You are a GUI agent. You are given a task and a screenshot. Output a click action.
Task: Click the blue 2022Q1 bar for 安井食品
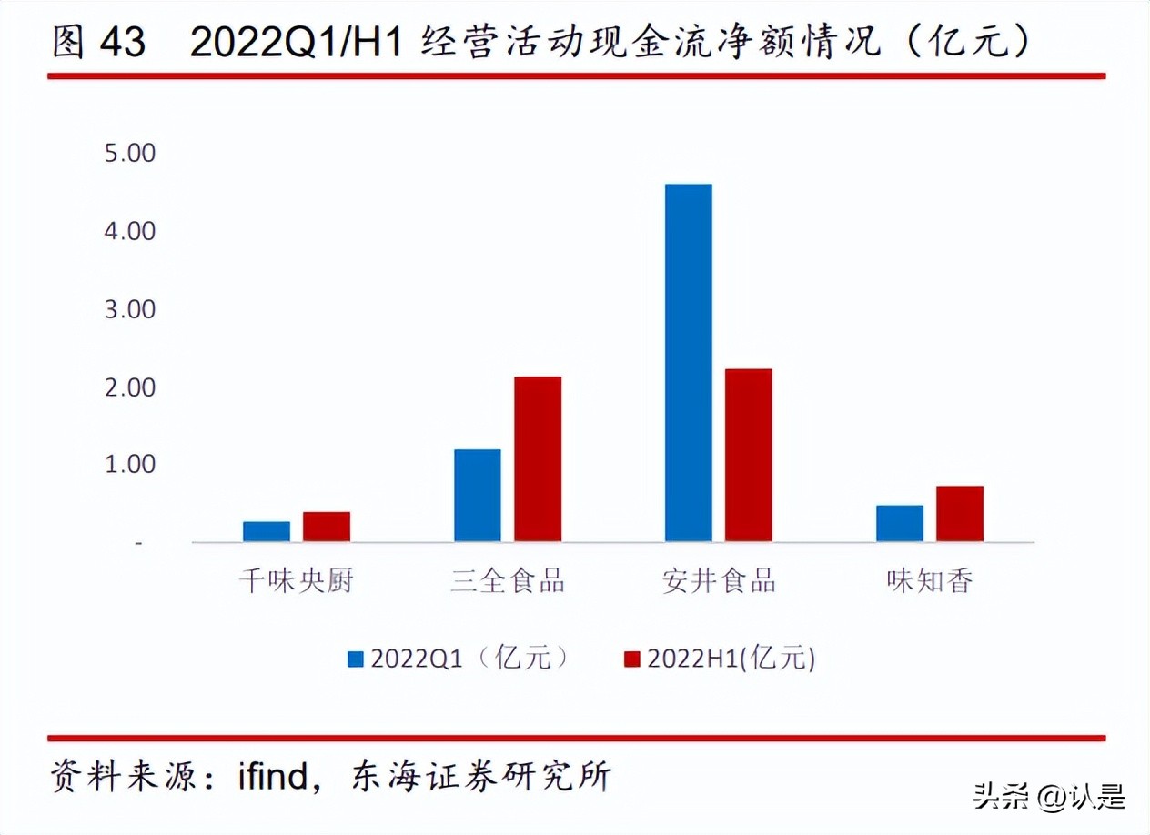689,363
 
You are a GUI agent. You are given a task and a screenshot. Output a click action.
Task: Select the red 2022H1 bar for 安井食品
749,455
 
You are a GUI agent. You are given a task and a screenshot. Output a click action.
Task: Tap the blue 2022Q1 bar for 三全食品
478,495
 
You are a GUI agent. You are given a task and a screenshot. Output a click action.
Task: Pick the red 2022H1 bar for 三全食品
538,458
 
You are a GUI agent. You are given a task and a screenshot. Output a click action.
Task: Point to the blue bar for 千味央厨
267,531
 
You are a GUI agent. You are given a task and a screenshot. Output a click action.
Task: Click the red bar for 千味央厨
327,527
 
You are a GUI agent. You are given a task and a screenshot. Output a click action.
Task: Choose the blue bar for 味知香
900,523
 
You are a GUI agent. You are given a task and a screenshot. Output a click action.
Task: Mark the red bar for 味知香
960,514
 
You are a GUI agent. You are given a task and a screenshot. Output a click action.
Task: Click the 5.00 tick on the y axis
130,153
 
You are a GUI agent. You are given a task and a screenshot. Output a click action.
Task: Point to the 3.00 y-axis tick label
130,309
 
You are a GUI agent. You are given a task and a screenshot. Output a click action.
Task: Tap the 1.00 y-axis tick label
130,465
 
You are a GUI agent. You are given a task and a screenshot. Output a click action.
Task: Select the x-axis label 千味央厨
296,580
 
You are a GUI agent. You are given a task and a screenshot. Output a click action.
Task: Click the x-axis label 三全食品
508,580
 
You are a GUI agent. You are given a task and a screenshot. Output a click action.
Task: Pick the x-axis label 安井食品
719,580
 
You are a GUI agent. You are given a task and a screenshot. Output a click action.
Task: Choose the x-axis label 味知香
930,580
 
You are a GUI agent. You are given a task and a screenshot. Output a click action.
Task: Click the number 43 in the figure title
122,43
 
